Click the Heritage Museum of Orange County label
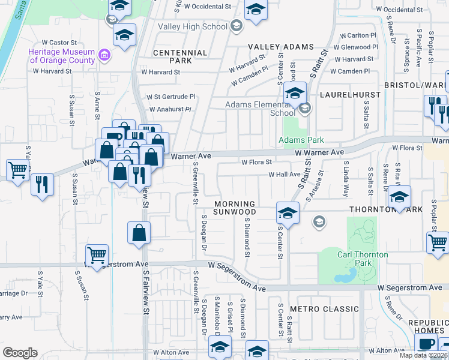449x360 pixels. click(61, 56)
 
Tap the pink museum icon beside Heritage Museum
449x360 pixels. click(105, 56)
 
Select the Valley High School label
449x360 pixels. click(192, 26)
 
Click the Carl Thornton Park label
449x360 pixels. click(362, 259)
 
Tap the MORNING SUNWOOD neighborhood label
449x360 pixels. click(235, 208)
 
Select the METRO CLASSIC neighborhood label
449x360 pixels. click(324, 309)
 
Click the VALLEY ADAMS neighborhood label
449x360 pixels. click(281, 47)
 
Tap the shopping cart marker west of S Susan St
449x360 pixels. click(18, 169)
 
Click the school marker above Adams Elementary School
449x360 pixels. click(295, 94)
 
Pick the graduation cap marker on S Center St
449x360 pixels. click(288, 212)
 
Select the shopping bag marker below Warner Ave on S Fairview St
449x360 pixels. click(139, 233)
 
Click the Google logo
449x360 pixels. click(20, 353)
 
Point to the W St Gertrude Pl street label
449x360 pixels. click(172, 96)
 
